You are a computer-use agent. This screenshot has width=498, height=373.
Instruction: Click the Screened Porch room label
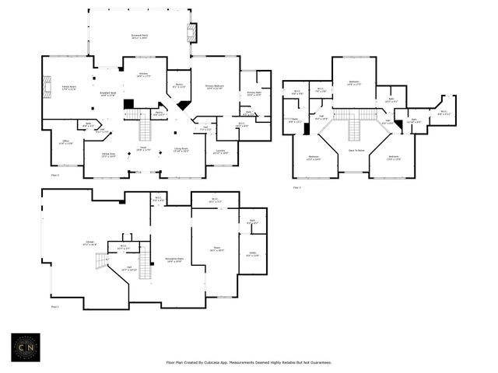point(139,36)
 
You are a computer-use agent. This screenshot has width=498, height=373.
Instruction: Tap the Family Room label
point(68,88)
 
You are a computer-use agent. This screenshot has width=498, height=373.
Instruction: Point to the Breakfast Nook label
point(108,94)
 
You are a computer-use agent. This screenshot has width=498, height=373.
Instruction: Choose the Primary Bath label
point(254,92)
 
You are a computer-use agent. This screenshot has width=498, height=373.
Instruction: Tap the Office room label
point(65,142)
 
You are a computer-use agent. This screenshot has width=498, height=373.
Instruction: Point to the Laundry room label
point(221,152)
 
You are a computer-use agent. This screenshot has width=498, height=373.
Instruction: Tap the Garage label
point(90,242)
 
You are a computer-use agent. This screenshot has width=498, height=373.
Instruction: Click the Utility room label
point(253,255)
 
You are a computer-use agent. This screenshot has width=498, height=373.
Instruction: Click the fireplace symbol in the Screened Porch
point(191,33)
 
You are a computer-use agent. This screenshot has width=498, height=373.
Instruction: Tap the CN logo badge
point(25,347)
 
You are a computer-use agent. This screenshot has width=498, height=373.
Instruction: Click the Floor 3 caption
point(297,187)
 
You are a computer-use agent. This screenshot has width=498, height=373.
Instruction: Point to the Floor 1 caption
point(54,307)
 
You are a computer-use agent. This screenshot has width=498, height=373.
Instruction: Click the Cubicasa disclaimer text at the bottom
point(249,362)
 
